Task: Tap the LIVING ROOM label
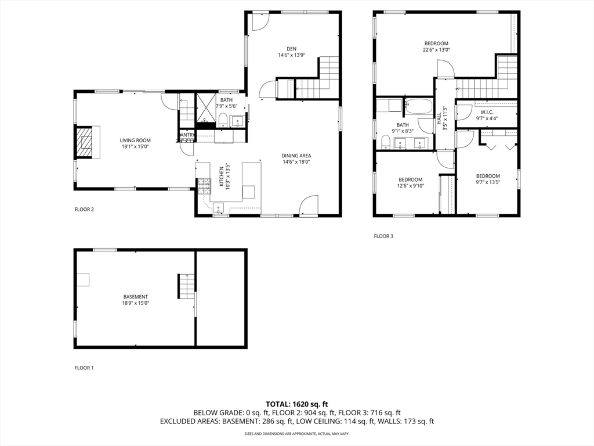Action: coord(135,140)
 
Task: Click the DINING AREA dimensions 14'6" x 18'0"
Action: coord(296,162)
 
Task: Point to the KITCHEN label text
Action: coord(221,178)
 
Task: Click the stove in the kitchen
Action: coord(204,186)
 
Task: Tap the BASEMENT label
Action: coord(135,297)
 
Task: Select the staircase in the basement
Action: coord(186,286)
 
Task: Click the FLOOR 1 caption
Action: coord(84,368)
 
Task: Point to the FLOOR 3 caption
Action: coord(383,236)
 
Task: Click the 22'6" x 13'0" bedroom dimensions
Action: coord(436,50)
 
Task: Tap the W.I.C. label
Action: coord(487,111)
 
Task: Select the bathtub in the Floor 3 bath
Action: coord(418,107)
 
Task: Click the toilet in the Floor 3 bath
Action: coord(385,142)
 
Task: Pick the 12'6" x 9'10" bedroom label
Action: coord(411,179)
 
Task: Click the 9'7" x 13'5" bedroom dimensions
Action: coord(488,182)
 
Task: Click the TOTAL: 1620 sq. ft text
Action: coord(297,404)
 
